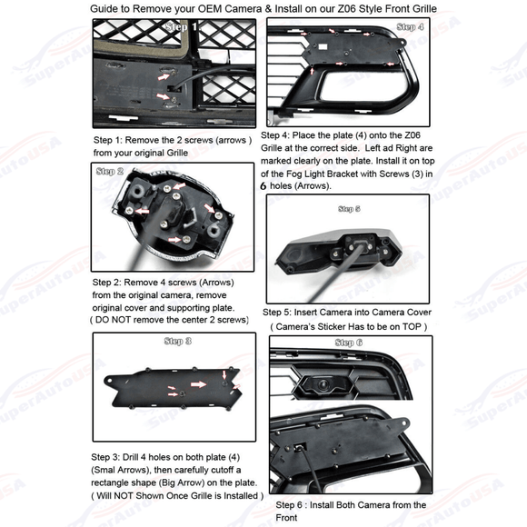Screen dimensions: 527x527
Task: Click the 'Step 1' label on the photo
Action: tap(181, 26)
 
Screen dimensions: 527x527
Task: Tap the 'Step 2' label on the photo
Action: tap(110, 171)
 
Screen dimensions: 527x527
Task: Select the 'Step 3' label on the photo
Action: tap(178, 341)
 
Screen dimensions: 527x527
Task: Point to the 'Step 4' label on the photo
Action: tap(410, 26)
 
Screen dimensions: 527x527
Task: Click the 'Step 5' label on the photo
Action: tap(349, 209)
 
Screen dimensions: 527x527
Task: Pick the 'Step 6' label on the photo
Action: tap(349, 343)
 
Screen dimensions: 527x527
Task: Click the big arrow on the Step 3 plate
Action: tap(199, 384)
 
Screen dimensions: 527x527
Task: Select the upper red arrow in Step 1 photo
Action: tap(164, 76)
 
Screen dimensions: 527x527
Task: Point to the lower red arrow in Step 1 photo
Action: tap(163, 96)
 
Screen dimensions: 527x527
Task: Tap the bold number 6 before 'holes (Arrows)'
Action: tap(263, 186)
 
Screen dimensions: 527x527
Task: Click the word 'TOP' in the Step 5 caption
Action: tap(412, 327)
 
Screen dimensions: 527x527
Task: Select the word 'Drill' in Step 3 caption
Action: tap(131, 457)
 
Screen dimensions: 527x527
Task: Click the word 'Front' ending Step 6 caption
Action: tap(286, 518)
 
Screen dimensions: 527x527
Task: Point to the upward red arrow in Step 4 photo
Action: tap(312, 71)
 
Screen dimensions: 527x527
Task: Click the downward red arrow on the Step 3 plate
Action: tap(224, 375)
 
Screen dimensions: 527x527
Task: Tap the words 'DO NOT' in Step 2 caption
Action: tap(109, 320)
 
